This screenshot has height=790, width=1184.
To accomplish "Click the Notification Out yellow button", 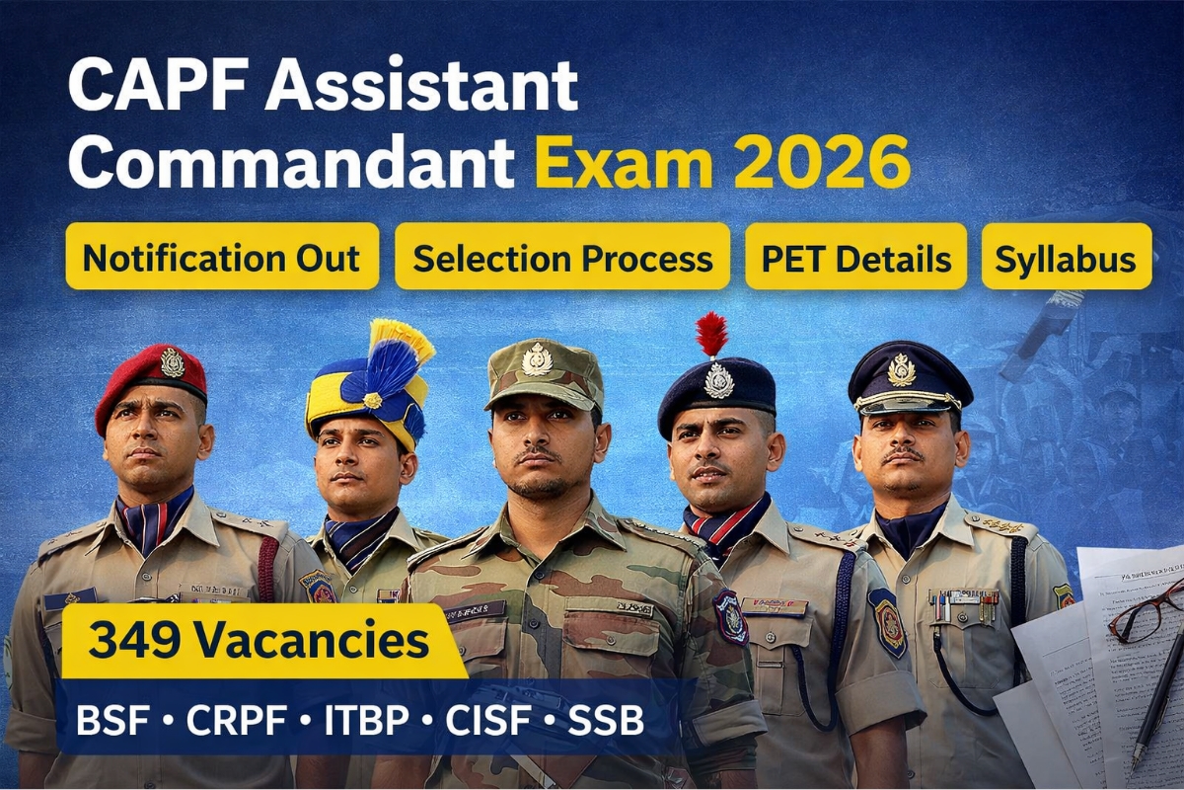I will (x=222, y=257).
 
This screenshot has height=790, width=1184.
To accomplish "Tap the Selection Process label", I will (x=562, y=257).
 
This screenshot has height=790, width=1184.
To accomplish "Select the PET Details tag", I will (x=855, y=257).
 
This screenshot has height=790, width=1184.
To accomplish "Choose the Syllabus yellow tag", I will (x=1066, y=257).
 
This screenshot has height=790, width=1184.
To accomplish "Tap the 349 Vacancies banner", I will (x=259, y=640).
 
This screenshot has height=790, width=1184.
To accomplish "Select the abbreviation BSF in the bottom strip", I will (x=110, y=720).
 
